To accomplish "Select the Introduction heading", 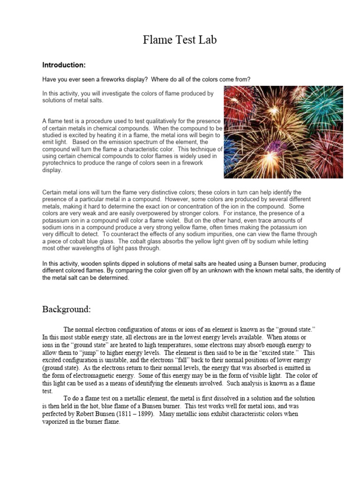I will click(64, 65).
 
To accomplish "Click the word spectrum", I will click(147, 142).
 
